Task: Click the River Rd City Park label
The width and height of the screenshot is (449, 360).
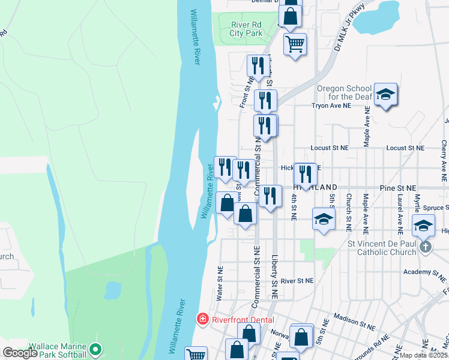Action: point(247,29)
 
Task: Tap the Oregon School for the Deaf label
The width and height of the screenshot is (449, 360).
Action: point(344,92)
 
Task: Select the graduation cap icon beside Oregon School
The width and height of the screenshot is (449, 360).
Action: point(385,95)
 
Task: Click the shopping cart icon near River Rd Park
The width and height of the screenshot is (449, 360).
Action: point(295,44)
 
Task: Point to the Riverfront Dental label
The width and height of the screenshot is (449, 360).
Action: point(242,320)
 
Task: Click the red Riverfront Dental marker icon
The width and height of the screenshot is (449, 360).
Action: point(203,319)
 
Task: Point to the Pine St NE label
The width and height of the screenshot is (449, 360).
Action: point(398,188)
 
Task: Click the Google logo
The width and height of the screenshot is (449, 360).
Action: point(20,353)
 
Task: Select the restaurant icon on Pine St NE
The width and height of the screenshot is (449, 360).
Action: point(306,175)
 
